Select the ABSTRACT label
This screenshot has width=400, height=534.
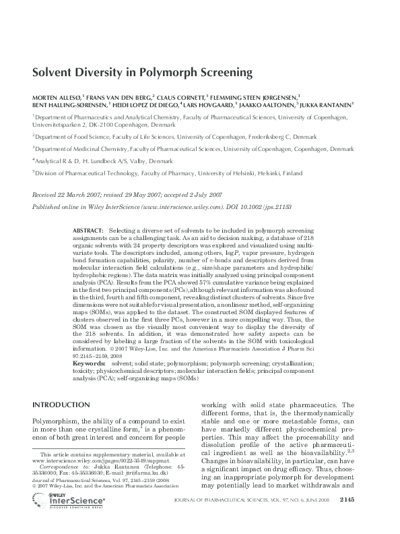(88, 231)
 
